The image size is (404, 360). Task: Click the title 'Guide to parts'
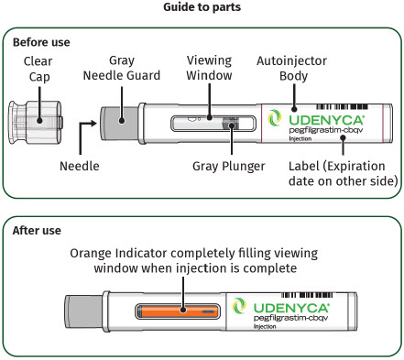pos(202,7)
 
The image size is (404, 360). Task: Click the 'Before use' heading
pos(41,42)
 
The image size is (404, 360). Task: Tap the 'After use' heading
pos(37,230)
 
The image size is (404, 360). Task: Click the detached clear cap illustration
pos(36,123)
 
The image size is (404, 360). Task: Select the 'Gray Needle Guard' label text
pos(122,68)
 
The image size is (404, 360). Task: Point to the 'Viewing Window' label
pos(209,68)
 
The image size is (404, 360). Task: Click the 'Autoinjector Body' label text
pos(291,69)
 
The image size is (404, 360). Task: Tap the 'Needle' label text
pos(80,166)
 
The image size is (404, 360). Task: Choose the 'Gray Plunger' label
pos(229,167)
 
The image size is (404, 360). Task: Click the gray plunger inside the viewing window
pos(231,124)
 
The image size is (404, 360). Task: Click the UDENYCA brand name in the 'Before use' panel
pos(327,120)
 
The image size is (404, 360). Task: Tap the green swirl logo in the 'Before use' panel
pos(275,118)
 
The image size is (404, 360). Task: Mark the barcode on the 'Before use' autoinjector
pos(342,107)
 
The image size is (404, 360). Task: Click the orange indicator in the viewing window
pos(178,311)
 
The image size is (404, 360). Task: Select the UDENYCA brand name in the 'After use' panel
pos(291,308)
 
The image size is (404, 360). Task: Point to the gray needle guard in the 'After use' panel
pos(83,311)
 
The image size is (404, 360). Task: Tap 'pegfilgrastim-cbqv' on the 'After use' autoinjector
pos(290,318)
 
